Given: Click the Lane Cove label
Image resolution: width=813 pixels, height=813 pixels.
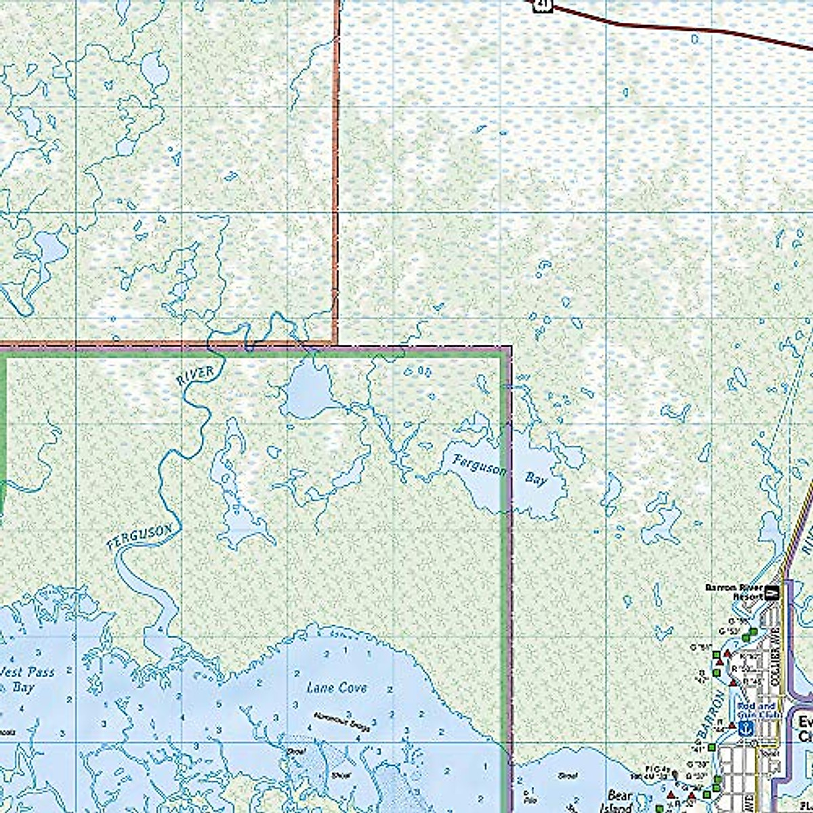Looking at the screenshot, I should [337, 688].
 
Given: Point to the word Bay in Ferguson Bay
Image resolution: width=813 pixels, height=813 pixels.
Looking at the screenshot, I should [536, 479].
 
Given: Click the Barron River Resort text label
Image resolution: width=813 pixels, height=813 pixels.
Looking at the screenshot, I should [734, 591].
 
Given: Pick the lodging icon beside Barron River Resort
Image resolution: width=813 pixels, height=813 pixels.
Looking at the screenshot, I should [771, 593].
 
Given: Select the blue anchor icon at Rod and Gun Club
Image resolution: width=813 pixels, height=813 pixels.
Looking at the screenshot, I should [745, 728].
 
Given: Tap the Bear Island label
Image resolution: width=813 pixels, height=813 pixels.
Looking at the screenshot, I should [619, 801].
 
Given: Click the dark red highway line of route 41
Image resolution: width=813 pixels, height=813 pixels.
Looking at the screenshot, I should [677, 28].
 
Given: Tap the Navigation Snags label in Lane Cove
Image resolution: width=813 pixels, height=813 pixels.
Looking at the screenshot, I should [342, 721].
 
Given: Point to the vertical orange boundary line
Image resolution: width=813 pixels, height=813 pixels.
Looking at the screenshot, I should [335, 169].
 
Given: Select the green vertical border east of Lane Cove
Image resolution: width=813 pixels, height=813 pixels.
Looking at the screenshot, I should [505, 576].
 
